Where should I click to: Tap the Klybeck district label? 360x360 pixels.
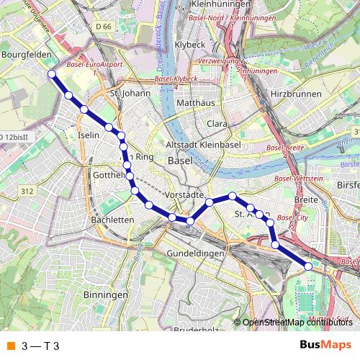coord(189,45)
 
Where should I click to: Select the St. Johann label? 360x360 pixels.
coord(130,93)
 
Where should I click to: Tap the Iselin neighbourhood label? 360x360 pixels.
coord(87,135)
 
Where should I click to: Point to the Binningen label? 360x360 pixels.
coord(105,295)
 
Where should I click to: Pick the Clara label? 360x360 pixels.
coord(217,124)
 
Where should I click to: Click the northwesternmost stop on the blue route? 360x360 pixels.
coord(51,73)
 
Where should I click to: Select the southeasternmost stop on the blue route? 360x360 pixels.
coord(309,266)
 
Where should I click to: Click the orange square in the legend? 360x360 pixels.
coord(11,346)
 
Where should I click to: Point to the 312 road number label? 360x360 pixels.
coord(27,191)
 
